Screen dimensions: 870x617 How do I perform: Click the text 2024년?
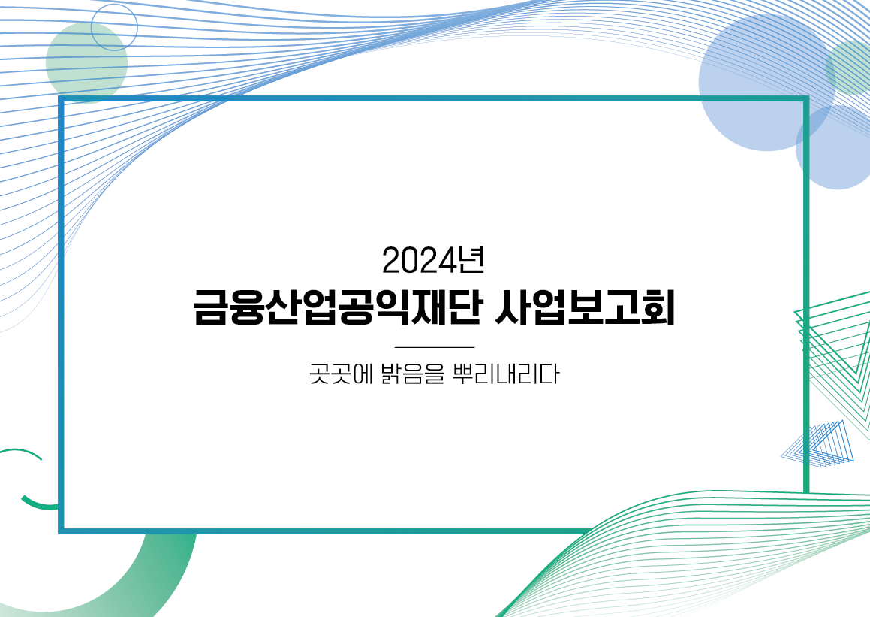click(433, 260)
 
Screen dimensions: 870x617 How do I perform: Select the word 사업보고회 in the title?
click(584, 307)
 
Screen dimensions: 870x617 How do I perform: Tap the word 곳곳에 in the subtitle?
click(341, 374)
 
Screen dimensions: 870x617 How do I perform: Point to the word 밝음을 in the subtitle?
click(414, 374)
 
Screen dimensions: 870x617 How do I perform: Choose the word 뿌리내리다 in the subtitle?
click(506, 374)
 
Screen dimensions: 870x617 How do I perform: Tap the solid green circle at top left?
click(86, 63)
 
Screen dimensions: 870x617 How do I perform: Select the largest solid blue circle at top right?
click(767, 82)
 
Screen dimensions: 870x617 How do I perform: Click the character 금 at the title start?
click(210, 307)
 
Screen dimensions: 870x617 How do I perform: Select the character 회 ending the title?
click(658, 307)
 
